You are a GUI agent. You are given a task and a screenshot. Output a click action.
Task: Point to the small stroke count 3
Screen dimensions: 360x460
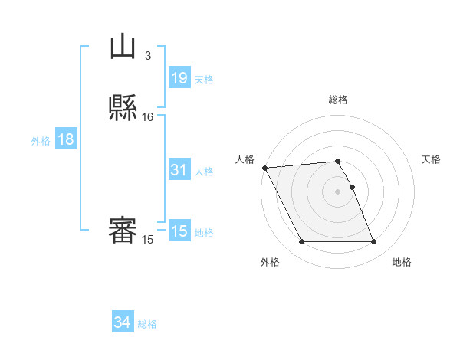(x=148, y=55)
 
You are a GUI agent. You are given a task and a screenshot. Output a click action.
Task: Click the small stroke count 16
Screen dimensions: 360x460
(x=148, y=117)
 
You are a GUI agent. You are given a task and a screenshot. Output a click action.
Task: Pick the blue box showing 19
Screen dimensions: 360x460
(x=179, y=78)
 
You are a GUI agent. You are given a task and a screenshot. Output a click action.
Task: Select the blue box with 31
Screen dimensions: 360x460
(x=179, y=171)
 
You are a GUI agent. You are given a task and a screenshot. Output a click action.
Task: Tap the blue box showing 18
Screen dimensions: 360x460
(x=66, y=139)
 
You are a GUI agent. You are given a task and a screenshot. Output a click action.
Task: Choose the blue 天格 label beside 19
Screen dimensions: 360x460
(x=204, y=80)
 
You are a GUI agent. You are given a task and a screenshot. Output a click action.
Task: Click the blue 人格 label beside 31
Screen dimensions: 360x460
(x=205, y=172)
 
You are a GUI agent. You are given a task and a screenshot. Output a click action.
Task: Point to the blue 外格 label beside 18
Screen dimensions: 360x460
(x=41, y=141)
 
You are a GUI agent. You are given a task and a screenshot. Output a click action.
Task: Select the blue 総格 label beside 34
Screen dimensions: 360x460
(x=147, y=324)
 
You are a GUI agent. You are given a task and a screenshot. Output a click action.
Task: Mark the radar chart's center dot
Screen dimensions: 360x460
(x=337, y=191)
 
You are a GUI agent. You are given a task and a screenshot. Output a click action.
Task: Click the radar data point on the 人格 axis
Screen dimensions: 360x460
(x=264, y=168)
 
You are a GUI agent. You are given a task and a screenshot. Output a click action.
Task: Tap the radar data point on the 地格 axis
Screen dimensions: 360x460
(x=373, y=242)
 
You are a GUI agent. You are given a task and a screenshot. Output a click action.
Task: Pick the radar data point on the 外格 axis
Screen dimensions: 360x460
(x=301, y=242)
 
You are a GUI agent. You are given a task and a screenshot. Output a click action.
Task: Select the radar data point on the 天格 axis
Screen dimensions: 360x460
(x=352, y=187)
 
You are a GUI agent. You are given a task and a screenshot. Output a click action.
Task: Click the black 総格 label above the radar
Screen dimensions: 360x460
(x=337, y=100)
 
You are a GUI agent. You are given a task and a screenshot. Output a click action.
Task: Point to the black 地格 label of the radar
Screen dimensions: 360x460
(x=402, y=263)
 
